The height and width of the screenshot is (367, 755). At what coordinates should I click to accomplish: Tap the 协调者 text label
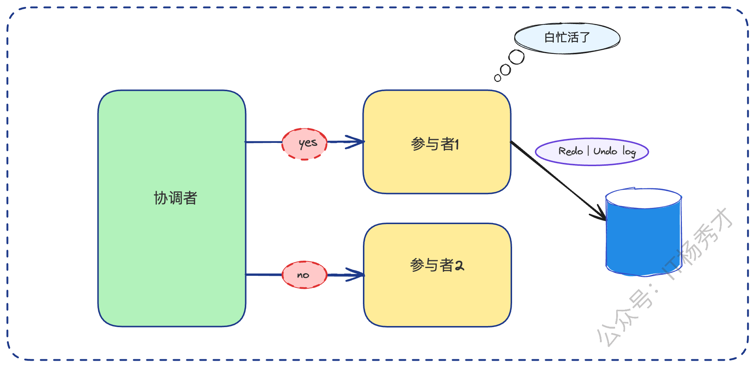point(175,198)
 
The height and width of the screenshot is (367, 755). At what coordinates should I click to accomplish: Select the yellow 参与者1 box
point(437,170)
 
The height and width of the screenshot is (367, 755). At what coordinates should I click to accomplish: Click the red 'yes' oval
point(305,144)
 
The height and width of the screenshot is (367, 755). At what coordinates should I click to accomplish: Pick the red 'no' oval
point(305,275)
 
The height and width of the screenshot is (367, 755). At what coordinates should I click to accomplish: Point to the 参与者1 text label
point(435,144)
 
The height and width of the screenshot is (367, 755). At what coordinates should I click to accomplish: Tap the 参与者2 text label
point(437,265)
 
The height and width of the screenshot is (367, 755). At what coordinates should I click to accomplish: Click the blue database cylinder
point(643,240)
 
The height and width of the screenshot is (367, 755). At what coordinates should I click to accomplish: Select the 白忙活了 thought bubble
point(567,38)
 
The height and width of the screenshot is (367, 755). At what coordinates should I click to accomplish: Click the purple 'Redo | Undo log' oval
point(592,152)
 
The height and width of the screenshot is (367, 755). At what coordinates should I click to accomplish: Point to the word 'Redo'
point(570,151)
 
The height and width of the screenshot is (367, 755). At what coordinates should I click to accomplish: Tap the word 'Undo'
point(605,151)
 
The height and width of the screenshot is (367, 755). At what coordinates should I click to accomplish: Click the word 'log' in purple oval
point(629,151)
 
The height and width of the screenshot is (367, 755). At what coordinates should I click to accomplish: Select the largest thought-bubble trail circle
point(517,57)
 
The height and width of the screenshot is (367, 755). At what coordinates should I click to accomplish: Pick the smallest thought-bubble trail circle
point(498,78)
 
